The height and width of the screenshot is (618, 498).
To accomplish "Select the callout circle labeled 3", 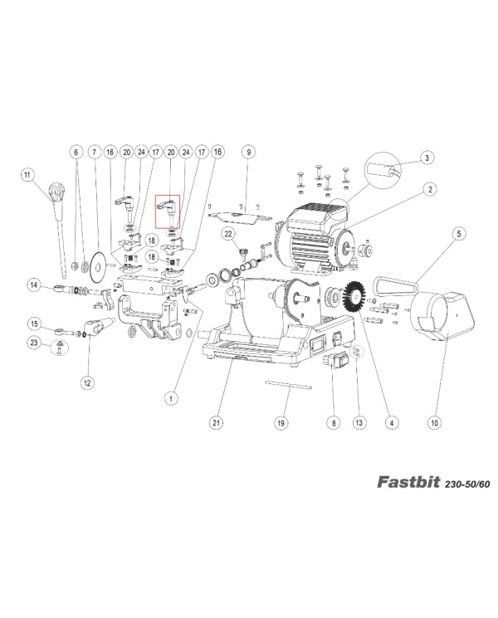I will (x=426, y=157).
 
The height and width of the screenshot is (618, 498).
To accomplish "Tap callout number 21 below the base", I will (x=216, y=423).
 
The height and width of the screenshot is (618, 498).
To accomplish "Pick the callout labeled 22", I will (x=227, y=235).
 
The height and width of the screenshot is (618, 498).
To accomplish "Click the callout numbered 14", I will (x=34, y=285).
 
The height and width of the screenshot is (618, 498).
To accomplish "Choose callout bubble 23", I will (x=34, y=342).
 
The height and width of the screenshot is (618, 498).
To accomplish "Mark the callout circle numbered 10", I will (x=433, y=423).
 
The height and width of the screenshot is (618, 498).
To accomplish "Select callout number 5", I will (x=457, y=235).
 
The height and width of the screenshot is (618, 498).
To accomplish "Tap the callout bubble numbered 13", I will (x=359, y=423).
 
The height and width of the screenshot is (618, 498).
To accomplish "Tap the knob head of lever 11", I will (x=55, y=192).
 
